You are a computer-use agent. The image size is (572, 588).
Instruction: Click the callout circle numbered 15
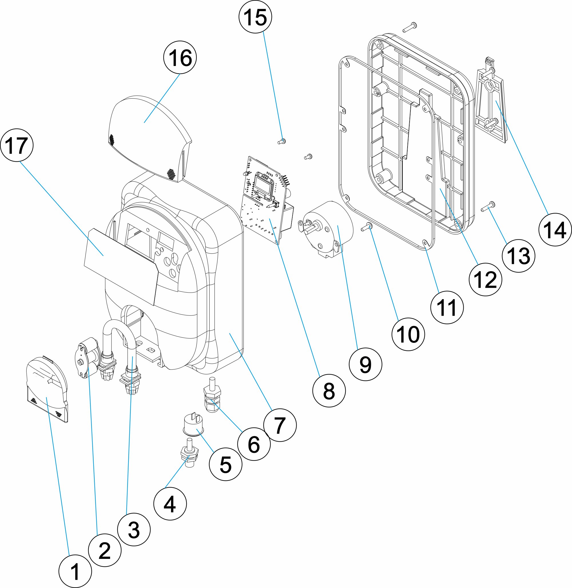[255, 17]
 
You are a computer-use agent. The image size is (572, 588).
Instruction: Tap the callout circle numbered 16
[180, 57]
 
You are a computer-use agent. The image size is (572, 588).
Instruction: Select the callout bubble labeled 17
[17, 145]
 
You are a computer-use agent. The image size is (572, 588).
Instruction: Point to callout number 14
[555, 230]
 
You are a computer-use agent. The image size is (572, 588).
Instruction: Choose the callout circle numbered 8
[329, 391]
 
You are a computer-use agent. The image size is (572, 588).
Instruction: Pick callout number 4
[170, 504]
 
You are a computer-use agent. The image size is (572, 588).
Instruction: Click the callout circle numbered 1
[75, 571]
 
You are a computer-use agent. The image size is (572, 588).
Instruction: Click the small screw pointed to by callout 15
[282, 141]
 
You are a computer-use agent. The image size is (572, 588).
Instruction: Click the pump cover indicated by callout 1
[47, 390]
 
